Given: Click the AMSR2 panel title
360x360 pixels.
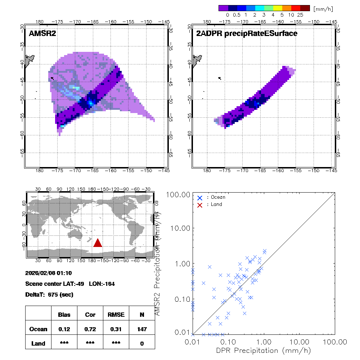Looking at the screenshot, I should (42, 33).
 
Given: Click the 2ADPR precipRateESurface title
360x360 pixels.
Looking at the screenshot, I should (247, 33).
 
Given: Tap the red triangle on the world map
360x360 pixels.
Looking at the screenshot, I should (98, 243).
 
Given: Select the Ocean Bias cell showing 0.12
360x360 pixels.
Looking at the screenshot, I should (64, 329).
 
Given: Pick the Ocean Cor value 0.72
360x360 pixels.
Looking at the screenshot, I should (90, 329).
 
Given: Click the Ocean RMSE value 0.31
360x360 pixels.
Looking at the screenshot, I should (116, 329).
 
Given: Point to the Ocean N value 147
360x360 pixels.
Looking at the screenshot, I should (142, 329).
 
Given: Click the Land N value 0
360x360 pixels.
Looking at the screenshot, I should (142, 343).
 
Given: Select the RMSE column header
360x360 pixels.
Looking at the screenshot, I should (116, 315).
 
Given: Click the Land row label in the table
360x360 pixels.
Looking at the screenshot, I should (39, 343).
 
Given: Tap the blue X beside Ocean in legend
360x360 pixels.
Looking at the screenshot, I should (200, 198).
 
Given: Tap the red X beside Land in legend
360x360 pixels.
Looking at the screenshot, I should (200, 204).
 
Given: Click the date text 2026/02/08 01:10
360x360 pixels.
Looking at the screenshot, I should (48, 273).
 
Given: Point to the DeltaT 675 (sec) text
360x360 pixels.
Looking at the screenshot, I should (49, 294).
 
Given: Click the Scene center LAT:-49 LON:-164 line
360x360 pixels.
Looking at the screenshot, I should (70, 284).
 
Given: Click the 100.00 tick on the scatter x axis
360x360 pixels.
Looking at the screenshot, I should (335, 341).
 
